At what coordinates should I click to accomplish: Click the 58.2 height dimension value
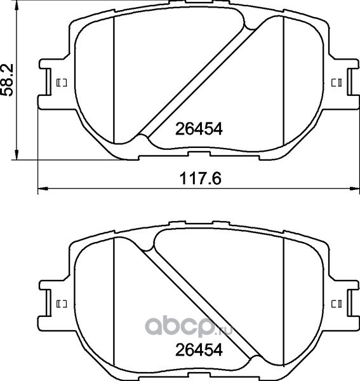point(7,80)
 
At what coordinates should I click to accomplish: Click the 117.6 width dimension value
point(201,178)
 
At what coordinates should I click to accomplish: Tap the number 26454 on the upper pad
point(199,129)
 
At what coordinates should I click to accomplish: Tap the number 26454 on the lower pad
point(199,350)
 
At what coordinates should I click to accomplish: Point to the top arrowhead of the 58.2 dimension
point(17,5)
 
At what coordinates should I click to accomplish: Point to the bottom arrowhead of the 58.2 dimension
point(17,155)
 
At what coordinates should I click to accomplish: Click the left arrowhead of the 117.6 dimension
point(43,189)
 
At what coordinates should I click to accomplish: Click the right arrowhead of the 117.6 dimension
point(354,189)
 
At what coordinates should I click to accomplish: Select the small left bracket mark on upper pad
point(62,83)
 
